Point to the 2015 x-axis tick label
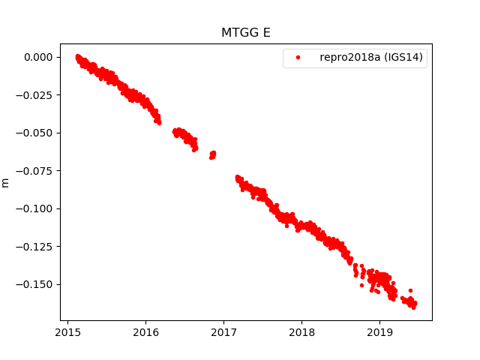67,332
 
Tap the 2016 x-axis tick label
145,332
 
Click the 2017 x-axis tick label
223,332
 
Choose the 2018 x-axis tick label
301,332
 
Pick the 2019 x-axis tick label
379,332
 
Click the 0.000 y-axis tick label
37,57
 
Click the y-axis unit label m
6,182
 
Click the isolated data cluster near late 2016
212,155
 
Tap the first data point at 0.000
78,57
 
